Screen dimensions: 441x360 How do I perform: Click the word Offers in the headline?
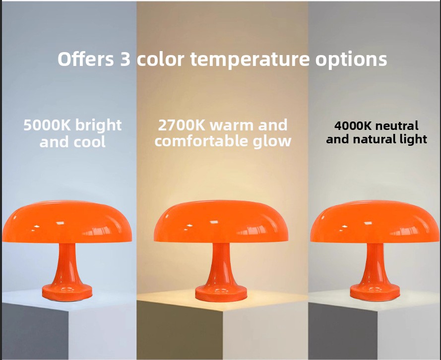tap(86, 59)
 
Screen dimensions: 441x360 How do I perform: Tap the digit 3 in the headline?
tap(126, 60)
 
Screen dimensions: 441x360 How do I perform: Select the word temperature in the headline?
tap(250, 60)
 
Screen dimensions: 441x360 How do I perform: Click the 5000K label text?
tap(47, 125)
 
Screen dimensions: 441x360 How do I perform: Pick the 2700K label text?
tap(182, 125)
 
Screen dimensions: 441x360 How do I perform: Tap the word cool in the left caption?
tap(89, 142)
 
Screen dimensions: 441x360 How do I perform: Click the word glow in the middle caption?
tap(272, 141)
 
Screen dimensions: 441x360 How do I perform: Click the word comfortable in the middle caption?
tap(202, 141)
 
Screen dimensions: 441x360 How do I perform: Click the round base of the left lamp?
tap(67, 292)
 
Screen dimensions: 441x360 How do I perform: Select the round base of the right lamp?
tap(375, 292)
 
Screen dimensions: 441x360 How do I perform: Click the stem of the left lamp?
tap(67, 264)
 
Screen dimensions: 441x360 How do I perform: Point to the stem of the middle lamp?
tap(221, 264)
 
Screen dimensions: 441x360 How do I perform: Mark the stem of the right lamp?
tap(375, 264)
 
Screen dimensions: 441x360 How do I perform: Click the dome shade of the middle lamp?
tap(221, 222)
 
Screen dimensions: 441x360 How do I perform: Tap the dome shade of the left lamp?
tap(67, 222)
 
